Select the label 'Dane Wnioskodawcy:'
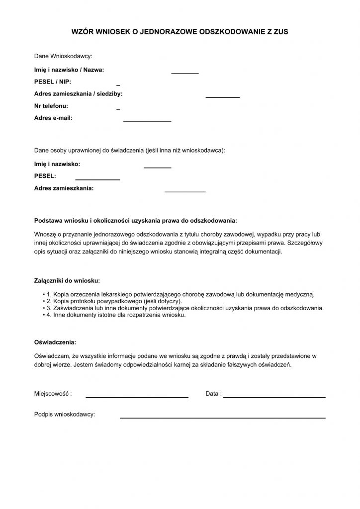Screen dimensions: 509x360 click(63, 56)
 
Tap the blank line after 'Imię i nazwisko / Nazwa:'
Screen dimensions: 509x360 click(185, 74)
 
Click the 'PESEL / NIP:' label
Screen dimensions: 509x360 click(53, 82)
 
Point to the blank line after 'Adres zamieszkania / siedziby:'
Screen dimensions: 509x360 click(223, 97)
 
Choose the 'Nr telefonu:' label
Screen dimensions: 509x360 click(51, 106)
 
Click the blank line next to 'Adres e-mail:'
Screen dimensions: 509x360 click(147, 121)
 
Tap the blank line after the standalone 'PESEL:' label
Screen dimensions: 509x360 click(97, 179)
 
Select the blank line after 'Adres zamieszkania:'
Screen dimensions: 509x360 click(185, 191)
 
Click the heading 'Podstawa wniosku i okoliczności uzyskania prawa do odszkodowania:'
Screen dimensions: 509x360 click(135, 220)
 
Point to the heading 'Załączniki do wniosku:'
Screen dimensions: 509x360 click(67, 280)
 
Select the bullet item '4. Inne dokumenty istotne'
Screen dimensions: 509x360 click(116, 315)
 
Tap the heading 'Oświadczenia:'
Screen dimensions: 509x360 click(55, 342)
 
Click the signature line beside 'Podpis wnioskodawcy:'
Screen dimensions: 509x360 click(223, 418)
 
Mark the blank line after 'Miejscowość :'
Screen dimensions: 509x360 click(137, 397)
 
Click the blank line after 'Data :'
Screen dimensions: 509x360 click(274, 397)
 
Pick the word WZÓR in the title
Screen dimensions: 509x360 click(82, 31)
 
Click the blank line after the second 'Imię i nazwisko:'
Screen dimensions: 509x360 click(158, 168)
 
